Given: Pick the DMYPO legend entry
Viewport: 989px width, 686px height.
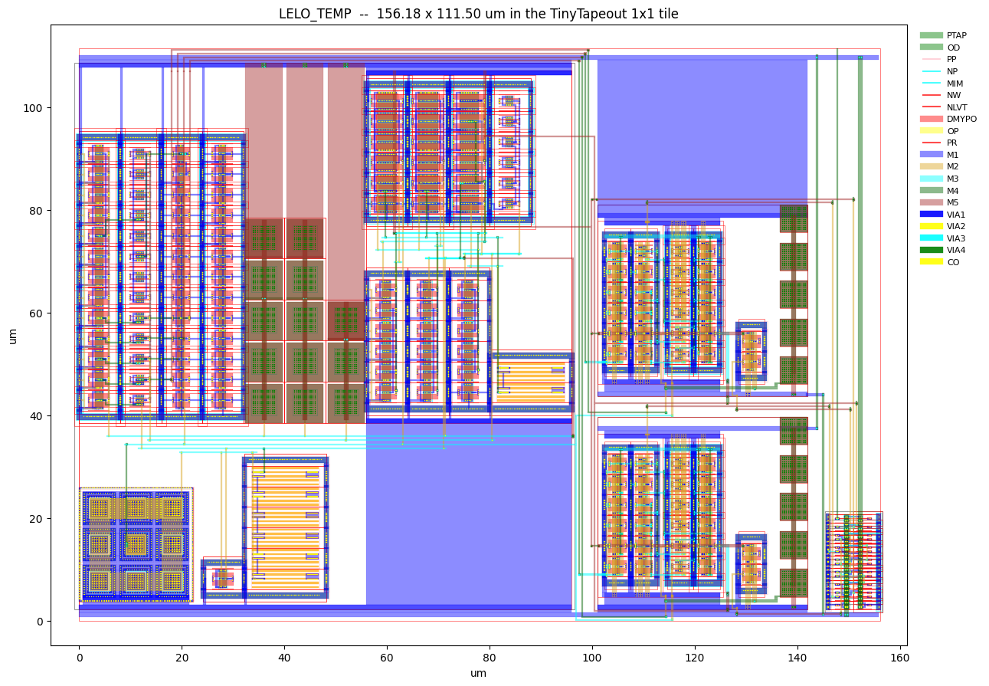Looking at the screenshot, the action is click(948, 120).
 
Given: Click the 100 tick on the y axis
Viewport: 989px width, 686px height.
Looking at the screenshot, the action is click(32, 108).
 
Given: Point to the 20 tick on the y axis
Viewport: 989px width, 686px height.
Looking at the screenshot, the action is click(36, 519).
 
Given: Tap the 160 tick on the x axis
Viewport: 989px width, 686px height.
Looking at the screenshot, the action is click(899, 658).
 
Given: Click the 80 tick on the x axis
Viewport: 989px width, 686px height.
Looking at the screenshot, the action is click(490, 658).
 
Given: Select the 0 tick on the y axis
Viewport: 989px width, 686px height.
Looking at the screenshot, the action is click(40, 622).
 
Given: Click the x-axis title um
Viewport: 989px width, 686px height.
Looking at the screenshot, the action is click(478, 673).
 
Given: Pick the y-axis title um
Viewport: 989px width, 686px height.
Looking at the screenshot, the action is click(13, 336).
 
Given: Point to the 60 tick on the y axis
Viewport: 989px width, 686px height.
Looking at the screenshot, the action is click(36, 313).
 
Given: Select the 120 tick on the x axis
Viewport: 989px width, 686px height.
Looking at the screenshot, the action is click(695, 658).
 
